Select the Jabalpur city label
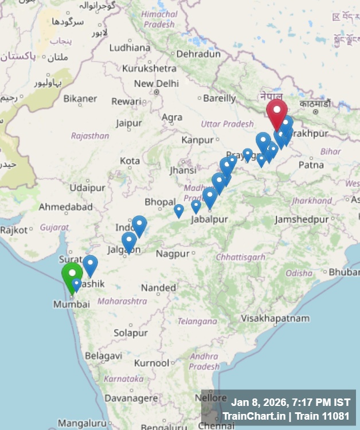(209, 220)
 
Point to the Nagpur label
(173, 253)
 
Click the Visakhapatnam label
(275, 318)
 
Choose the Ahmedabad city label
(65, 206)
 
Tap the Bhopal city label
(160, 202)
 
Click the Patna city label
(311, 165)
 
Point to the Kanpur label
(197, 140)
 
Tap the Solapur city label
(130, 333)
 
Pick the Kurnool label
(152, 363)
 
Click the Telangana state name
(194, 321)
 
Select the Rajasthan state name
(90, 136)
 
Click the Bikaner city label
(80, 99)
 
